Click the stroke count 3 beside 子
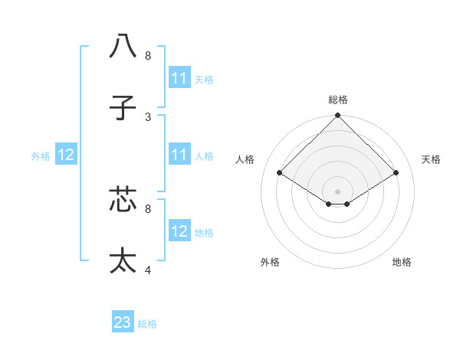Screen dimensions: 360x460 (x=148, y=116)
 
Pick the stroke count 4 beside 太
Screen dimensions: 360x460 (x=148, y=270)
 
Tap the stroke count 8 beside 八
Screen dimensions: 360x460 (x=148, y=55)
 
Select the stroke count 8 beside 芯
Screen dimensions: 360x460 (x=148, y=208)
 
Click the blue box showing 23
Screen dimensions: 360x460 (x=123, y=322)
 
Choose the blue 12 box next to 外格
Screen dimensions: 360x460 (x=66, y=155)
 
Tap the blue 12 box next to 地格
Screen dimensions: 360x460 (x=179, y=232)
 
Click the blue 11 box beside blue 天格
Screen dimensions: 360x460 (x=179, y=78)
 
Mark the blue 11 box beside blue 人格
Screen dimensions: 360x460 (x=179, y=155)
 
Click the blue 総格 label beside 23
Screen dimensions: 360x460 (x=147, y=324)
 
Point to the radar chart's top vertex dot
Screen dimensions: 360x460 (x=338, y=116)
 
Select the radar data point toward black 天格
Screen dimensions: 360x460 (x=396, y=173)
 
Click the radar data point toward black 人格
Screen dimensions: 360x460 (x=280, y=173)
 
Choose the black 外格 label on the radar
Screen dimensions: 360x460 (x=270, y=262)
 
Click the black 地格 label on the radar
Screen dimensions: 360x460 (x=402, y=262)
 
